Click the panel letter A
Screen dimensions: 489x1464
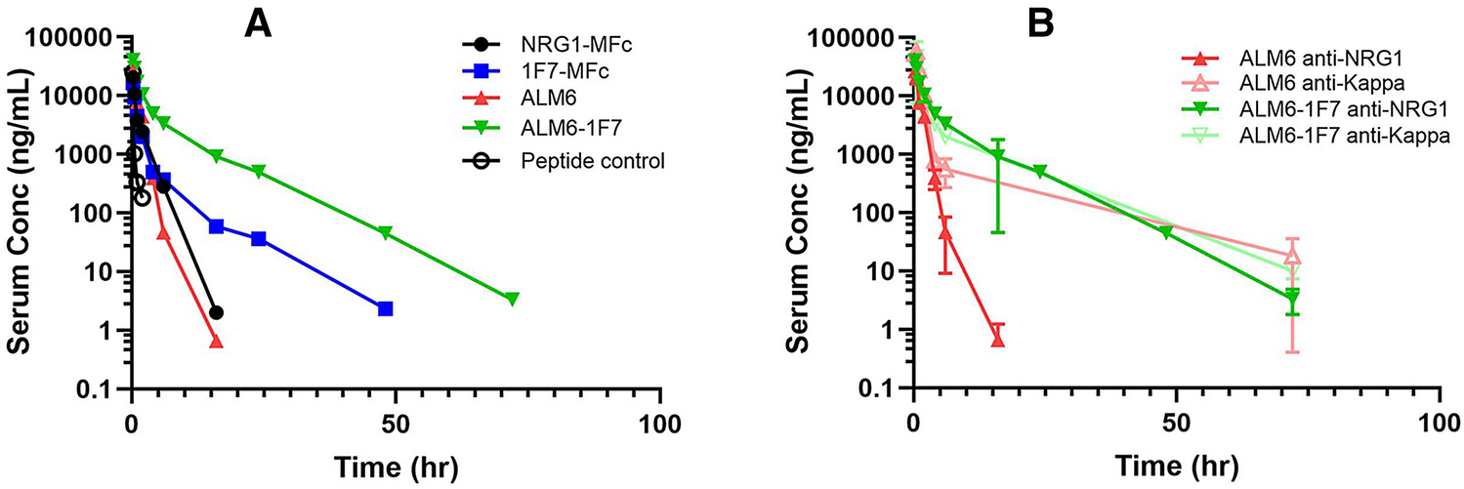(x=258, y=22)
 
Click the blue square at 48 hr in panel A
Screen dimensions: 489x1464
(x=386, y=308)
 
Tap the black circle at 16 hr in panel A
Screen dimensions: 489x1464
(x=216, y=312)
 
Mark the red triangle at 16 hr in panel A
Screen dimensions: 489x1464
(x=216, y=341)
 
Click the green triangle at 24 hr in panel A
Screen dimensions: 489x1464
(x=259, y=172)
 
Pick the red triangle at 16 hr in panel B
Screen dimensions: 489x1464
(x=997, y=340)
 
